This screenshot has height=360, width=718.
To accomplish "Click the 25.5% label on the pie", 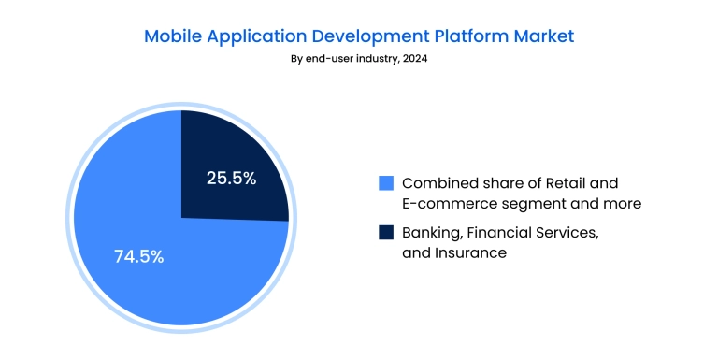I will point(230,178).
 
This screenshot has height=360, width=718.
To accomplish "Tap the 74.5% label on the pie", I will point(138,256).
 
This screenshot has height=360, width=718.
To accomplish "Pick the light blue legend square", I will point(385,182).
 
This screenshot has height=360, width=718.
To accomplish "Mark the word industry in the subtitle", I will point(374,59).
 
